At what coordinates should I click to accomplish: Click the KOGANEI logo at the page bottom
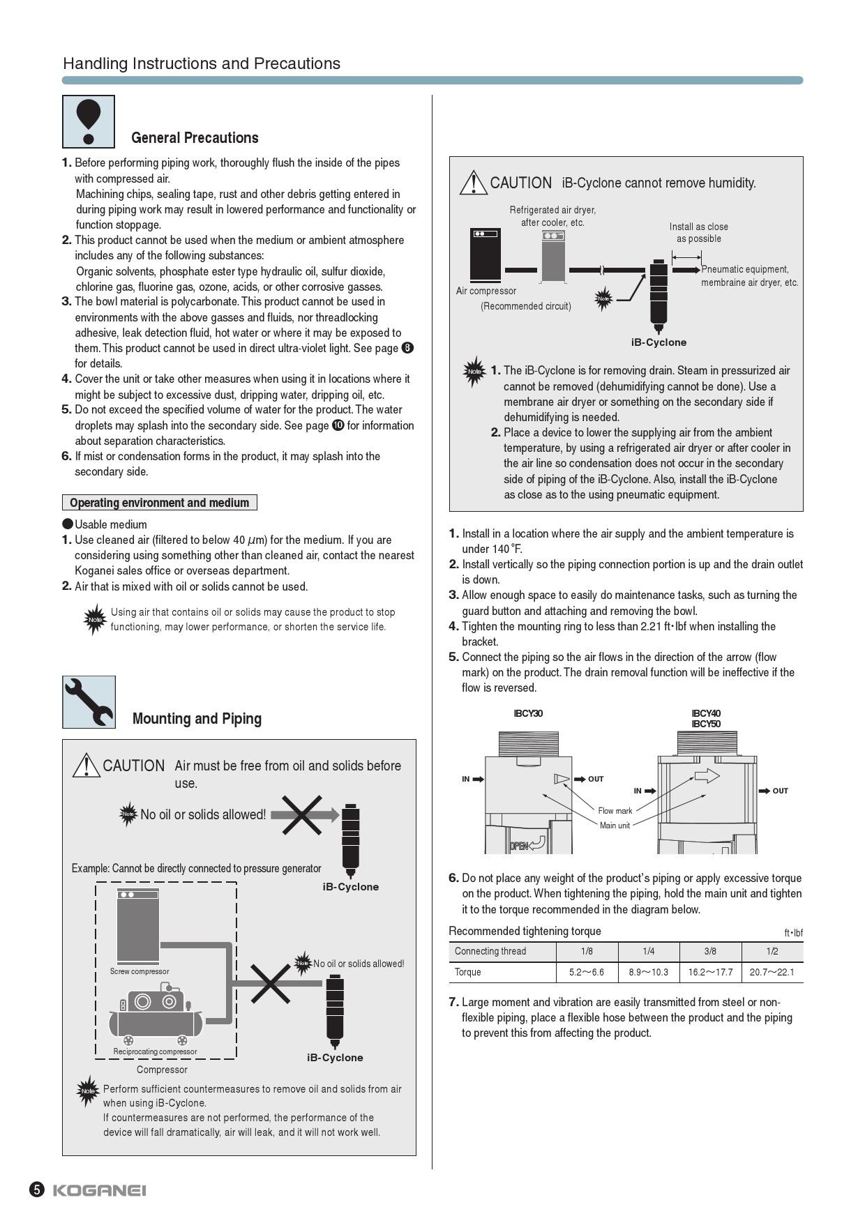(x=99, y=1190)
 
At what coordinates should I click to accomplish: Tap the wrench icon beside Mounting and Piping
(x=89, y=702)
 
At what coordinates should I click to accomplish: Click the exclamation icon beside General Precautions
(x=89, y=121)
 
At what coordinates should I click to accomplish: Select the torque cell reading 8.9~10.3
(x=648, y=972)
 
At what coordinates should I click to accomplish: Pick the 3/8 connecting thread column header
(x=710, y=951)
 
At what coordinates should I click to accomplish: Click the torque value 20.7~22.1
(x=772, y=972)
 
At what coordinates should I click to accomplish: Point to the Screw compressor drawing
(x=138, y=926)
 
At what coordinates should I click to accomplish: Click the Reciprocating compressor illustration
(x=155, y=1014)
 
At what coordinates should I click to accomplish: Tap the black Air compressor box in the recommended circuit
(x=485, y=255)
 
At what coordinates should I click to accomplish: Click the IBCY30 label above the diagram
(x=528, y=713)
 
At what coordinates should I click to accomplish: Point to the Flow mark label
(x=615, y=810)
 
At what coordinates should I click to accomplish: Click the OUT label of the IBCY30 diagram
(x=595, y=779)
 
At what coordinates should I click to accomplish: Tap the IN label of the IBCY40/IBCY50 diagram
(x=638, y=791)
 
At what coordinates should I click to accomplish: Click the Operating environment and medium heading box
(x=159, y=503)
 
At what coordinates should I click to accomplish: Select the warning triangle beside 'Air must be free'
(x=86, y=766)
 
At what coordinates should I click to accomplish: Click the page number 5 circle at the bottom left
(x=36, y=1190)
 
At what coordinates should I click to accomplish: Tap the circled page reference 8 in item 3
(x=408, y=348)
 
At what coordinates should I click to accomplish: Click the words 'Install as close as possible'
(x=698, y=232)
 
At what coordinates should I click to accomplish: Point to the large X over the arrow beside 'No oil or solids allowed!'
(x=301, y=814)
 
